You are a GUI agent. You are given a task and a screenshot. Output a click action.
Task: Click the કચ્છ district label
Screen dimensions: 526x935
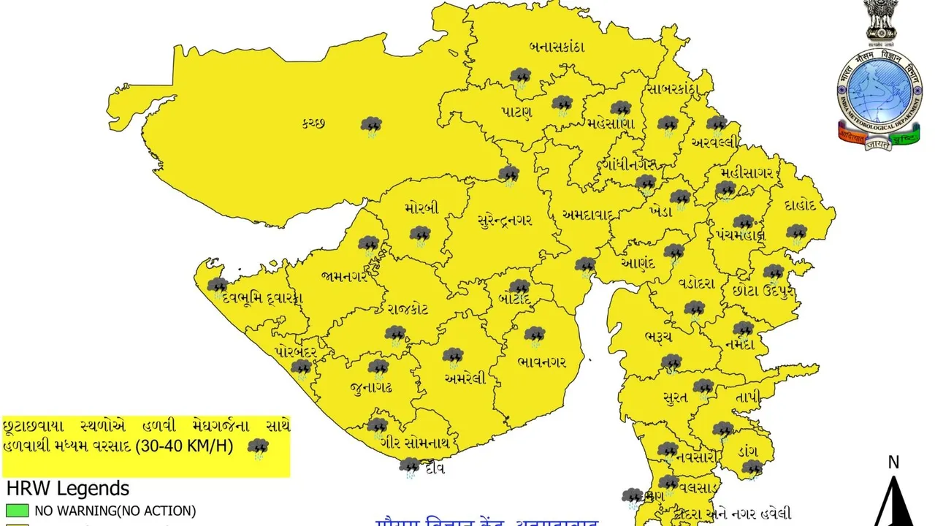[x=312, y=123]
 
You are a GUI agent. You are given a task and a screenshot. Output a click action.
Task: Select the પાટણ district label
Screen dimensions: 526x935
[x=516, y=112]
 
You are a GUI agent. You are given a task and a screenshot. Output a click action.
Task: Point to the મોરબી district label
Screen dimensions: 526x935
[x=421, y=208]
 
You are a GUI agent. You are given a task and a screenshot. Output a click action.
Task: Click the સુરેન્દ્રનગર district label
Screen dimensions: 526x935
[x=505, y=220]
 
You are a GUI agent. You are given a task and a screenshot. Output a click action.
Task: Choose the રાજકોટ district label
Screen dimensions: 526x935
[x=408, y=309]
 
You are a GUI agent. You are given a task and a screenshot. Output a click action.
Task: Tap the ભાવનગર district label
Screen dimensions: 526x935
[x=541, y=362]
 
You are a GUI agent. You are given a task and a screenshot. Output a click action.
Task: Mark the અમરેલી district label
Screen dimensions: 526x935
[x=465, y=378]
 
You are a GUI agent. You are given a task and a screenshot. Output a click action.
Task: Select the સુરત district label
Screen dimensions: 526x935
[x=675, y=397]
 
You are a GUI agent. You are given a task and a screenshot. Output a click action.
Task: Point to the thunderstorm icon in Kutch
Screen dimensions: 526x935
[x=372, y=126]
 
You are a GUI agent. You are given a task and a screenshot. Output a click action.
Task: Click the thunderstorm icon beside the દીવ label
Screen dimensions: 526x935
[x=409, y=466]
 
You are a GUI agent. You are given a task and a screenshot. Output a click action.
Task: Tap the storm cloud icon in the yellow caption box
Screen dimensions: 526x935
[x=258, y=447]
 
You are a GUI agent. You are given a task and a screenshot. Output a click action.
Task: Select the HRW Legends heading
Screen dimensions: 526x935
[x=67, y=488]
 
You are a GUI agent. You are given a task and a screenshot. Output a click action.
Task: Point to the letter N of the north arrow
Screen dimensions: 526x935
[x=893, y=462]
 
